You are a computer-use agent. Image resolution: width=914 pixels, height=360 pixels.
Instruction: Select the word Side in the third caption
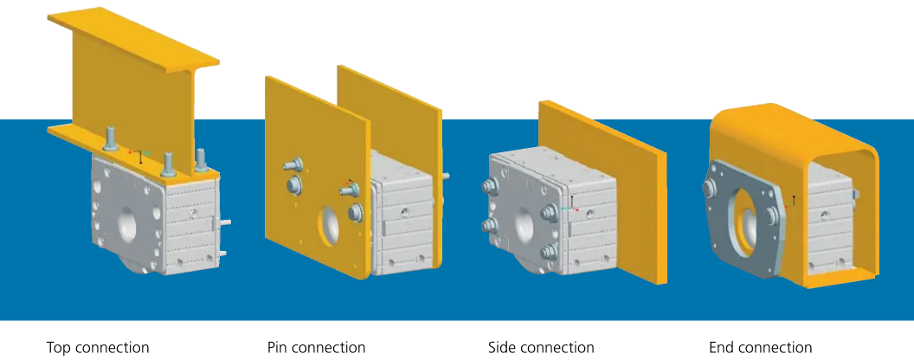click(x=503, y=348)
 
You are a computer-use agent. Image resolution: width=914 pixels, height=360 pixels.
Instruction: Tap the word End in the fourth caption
click(x=723, y=348)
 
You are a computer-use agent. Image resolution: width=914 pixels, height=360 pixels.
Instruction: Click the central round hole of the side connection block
click(x=525, y=227)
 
